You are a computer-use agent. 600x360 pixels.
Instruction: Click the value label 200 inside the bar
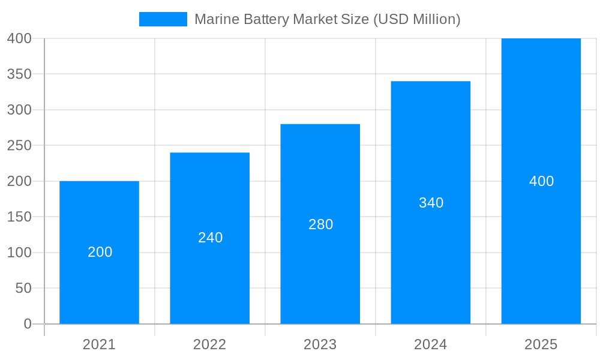[x=100, y=252]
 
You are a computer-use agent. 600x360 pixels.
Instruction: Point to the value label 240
[x=211, y=238]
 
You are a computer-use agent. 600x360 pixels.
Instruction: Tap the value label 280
[x=321, y=224]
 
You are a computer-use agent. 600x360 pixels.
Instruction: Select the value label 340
[x=431, y=203]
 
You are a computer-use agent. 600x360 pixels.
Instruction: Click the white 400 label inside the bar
[x=542, y=181]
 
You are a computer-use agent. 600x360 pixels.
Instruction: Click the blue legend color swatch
[x=163, y=19]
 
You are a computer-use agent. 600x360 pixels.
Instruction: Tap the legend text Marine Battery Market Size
[x=328, y=19]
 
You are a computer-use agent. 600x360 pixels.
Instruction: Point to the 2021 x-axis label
[x=99, y=344]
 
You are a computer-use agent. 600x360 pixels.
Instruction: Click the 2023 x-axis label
[x=320, y=344]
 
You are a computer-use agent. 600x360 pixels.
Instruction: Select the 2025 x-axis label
[x=541, y=344]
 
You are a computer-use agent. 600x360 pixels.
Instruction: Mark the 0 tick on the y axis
[x=28, y=324]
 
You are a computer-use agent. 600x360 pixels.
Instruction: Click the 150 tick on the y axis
[x=20, y=217]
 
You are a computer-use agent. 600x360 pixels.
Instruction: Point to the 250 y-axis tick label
[x=20, y=145]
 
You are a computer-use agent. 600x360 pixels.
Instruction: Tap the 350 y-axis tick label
[x=20, y=74]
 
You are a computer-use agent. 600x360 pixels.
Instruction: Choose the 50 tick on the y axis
[x=23, y=288]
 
